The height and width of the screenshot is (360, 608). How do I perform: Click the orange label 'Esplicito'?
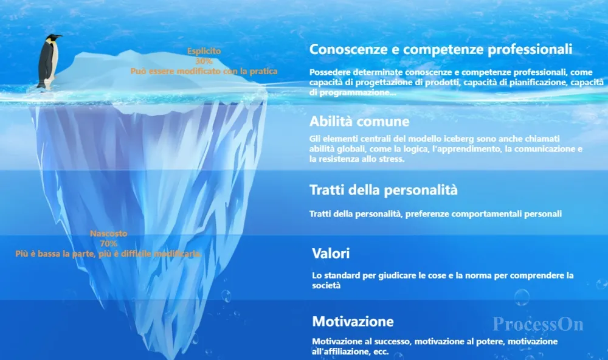[204, 51]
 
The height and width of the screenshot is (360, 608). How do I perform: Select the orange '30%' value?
[204, 61]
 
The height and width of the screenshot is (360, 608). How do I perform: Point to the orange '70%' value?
[109, 244]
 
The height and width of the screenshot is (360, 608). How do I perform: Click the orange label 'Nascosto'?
[109, 234]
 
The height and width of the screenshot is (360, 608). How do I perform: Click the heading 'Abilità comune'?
[359, 122]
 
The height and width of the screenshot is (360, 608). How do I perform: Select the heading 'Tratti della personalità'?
[384, 190]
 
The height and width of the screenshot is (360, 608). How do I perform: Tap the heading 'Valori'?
[331, 254]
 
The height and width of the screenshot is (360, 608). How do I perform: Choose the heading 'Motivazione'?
[353, 321]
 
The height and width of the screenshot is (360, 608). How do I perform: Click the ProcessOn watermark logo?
[538, 324]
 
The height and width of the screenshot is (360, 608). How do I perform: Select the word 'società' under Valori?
[326, 286]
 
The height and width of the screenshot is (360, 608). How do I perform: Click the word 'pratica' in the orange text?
[264, 71]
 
